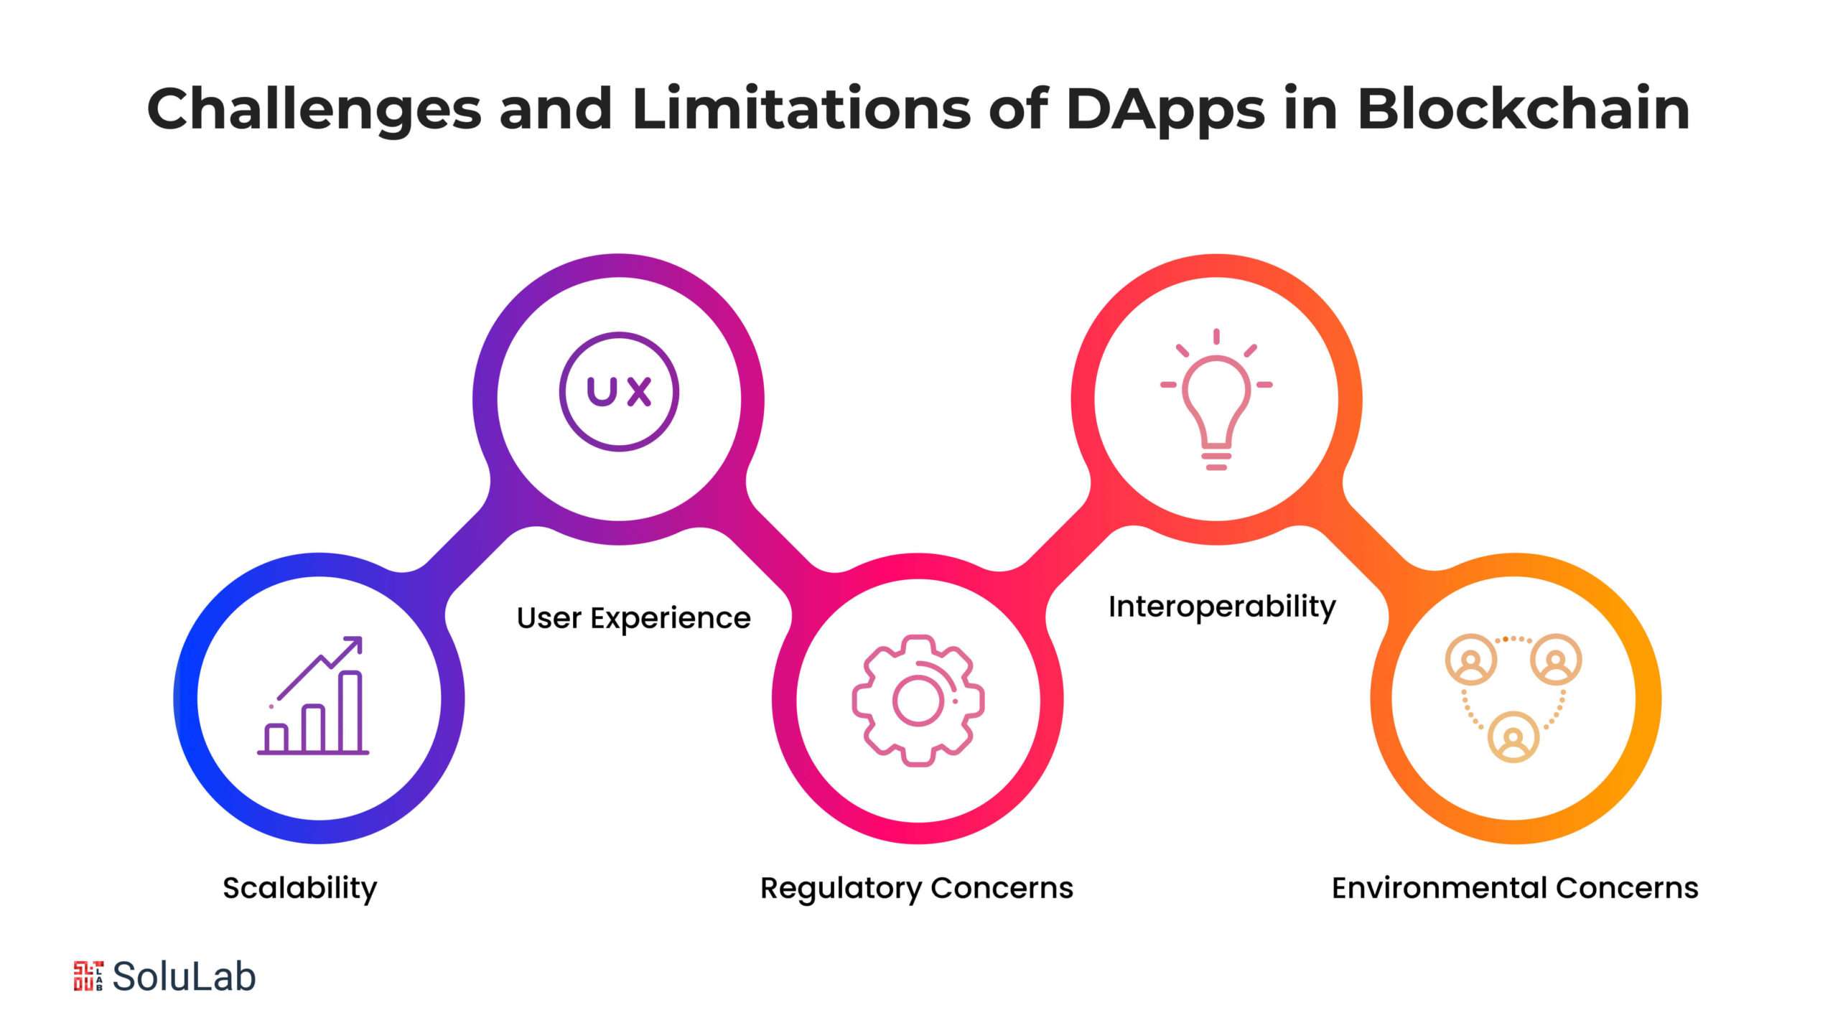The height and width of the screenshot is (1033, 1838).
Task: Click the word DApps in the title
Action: pyautogui.click(x=1165, y=110)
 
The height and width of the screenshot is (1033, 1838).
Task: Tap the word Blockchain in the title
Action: pyautogui.click(x=1523, y=108)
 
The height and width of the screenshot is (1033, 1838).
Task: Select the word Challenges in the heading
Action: pyautogui.click(x=314, y=110)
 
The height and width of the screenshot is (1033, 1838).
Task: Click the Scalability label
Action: pyautogui.click(x=299, y=889)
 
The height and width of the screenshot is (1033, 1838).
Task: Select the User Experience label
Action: pyautogui.click(x=633, y=618)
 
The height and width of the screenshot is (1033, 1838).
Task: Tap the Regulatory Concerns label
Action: pyautogui.click(x=916, y=889)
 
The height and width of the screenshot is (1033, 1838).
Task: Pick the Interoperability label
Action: pyautogui.click(x=1222, y=607)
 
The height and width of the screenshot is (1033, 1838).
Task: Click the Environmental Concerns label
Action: pyautogui.click(x=1515, y=889)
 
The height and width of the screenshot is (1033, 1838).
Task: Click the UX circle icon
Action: pyautogui.click(x=619, y=392)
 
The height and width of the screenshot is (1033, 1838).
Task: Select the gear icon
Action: pyautogui.click(x=918, y=700)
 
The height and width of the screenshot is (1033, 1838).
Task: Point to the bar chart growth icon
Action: pyautogui.click(x=314, y=696)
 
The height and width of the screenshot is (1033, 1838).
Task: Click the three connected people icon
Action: pyautogui.click(x=1513, y=697)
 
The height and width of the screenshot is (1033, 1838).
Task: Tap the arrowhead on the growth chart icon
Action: pyautogui.click(x=354, y=644)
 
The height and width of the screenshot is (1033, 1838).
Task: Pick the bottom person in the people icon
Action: pyautogui.click(x=1513, y=737)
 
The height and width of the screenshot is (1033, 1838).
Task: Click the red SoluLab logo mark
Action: pyautogui.click(x=88, y=976)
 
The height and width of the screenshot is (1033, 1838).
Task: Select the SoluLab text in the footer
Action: pyautogui.click(x=184, y=976)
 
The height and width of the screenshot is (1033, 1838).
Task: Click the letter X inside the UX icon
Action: pyautogui.click(x=638, y=392)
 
